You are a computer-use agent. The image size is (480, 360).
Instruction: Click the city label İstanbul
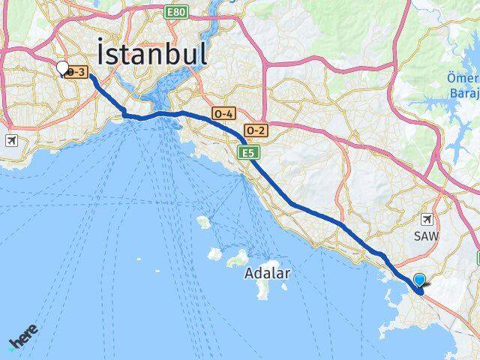click(152, 55)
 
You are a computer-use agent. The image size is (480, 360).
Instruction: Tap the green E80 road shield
click(177, 12)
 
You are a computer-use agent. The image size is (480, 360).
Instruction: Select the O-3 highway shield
click(78, 72)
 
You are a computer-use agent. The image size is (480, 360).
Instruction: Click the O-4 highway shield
click(223, 114)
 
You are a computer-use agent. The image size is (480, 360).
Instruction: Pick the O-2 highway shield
click(255, 130)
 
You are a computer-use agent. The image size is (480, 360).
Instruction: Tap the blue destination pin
click(419, 280)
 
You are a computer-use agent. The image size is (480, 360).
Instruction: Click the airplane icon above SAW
click(428, 219)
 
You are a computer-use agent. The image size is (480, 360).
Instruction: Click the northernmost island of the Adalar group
click(202, 222)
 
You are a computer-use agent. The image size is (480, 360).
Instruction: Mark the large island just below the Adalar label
click(262, 289)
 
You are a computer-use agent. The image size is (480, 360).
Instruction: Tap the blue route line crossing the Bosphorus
click(157, 115)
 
